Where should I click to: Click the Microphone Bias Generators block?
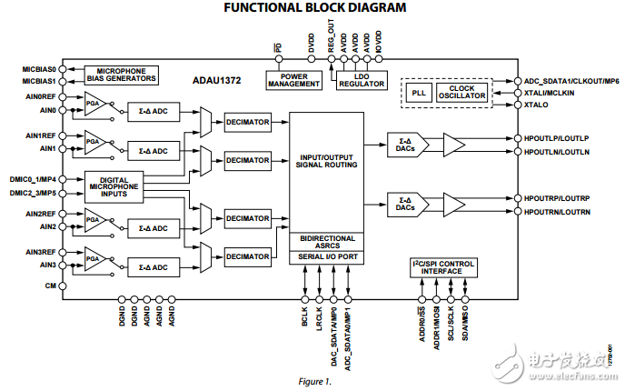coord(121,75)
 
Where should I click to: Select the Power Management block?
coord(294,79)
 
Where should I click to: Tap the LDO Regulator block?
coord(362,79)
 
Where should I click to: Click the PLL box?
coord(418,93)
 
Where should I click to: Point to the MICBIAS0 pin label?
coord(40,68)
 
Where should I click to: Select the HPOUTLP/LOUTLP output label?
coord(557,138)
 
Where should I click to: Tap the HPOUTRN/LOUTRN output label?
coord(557,211)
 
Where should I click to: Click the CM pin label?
coord(51,285)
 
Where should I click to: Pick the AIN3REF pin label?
coord(42,251)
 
